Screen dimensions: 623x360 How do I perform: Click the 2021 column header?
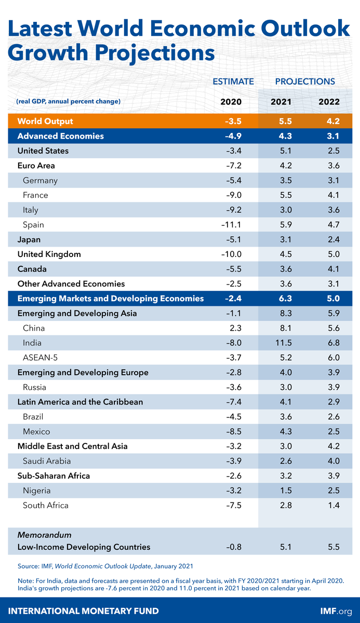[x=281, y=101]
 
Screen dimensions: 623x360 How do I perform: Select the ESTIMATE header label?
[x=233, y=82]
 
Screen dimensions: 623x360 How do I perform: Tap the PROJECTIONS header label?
[x=305, y=82]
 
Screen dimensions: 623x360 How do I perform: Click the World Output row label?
[x=45, y=121]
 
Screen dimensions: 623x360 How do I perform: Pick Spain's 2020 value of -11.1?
[x=231, y=225]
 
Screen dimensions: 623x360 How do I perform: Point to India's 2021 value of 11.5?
[x=281, y=343]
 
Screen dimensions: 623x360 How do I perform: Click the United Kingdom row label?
[x=49, y=254]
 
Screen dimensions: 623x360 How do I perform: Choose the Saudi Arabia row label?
[x=47, y=461]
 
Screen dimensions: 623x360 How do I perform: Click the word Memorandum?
[x=44, y=535]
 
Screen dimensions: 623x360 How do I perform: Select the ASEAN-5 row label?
[x=40, y=358]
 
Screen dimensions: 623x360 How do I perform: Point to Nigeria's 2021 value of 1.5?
[x=281, y=491]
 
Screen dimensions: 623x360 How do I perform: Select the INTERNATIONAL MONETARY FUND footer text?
[x=84, y=611]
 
